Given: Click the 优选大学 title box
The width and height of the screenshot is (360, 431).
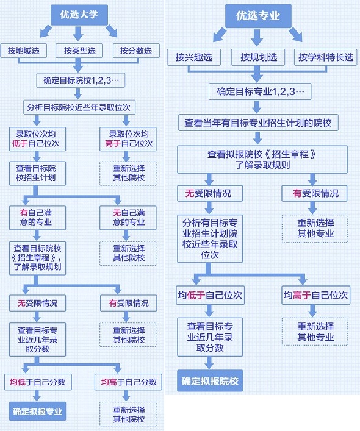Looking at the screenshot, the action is pos(79,15).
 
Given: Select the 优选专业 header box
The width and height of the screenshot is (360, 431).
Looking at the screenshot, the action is pos(258,16).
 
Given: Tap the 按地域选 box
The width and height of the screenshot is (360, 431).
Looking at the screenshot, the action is pos(24,51).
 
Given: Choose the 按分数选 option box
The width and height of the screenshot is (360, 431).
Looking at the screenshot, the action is pos(136,51).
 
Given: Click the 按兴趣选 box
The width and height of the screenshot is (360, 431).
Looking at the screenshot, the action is pos(194,57).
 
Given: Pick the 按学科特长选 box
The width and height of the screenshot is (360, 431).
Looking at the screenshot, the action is pos(326,57).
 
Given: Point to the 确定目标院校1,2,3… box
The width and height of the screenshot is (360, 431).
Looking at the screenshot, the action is pos(81,80).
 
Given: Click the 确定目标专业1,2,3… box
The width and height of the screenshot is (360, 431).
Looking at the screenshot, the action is pos(260,91).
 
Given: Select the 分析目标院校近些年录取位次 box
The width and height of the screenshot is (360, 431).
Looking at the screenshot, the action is pos(79,107).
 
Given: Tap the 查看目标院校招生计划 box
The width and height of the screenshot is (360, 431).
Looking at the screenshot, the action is pos(37,173).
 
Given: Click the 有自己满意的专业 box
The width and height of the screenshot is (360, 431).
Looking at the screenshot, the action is pos(37,218).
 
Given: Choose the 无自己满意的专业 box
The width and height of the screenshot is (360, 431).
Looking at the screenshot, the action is pos(128,218).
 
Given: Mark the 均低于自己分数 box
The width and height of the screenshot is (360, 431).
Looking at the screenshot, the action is pos(38,382).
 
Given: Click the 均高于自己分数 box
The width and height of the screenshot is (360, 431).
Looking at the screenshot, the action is pos(128,382).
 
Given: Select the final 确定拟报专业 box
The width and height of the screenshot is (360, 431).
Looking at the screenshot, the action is pos(37,411).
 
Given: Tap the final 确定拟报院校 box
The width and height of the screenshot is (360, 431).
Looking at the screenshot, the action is pos(210,380).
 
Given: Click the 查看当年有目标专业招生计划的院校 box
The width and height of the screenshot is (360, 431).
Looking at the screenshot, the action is pos(258,123).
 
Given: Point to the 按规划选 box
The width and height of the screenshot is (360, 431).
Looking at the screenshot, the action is pos(258,57).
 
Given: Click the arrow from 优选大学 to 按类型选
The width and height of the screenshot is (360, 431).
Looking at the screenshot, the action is pos(78,34).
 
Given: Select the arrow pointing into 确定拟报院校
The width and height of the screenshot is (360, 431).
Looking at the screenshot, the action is pos(209,363).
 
